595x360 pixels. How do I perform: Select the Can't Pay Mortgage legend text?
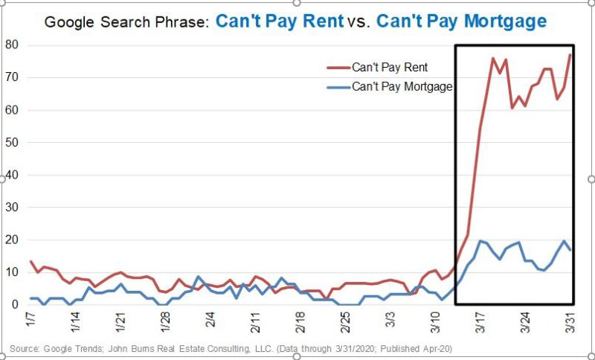coord(402,87)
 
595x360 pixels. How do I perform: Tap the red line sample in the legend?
coord(338,68)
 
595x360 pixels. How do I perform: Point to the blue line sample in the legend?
coord(338,87)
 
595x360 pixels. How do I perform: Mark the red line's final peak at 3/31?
coord(570,55)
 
